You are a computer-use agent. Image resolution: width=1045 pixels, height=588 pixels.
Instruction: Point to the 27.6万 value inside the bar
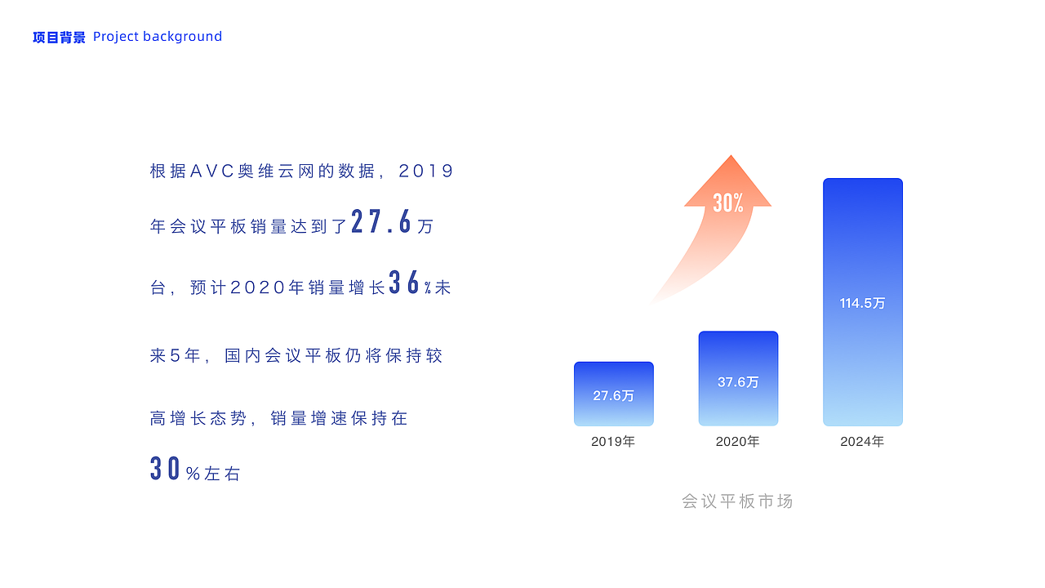coord(613,396)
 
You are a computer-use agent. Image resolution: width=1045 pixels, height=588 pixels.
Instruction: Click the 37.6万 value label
coord(738,382)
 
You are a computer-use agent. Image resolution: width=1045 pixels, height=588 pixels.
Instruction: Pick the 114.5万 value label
coord(862,303)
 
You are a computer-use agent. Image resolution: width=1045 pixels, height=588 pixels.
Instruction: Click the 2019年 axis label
coord(613,442)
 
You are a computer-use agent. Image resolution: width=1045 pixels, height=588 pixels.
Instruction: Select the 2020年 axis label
coord(738,442)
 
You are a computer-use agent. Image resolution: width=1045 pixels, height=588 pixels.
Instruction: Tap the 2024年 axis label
coord(862,442)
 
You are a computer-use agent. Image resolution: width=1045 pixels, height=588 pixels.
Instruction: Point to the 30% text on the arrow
coord(727,203)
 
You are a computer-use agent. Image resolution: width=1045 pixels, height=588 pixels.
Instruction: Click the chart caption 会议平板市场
coord(737,501)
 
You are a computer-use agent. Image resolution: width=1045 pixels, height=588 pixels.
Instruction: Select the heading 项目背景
coord(59,37)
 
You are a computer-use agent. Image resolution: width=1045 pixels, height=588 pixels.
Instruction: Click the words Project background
coord(158,37)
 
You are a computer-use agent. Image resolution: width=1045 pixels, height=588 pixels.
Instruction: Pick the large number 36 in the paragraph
coord(404,283)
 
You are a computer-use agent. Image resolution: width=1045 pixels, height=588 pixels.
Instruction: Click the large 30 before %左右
coord(165,469)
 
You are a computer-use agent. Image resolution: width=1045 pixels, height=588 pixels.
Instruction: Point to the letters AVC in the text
coord(211,171)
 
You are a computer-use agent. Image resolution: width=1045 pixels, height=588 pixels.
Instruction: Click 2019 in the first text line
coord(425,171)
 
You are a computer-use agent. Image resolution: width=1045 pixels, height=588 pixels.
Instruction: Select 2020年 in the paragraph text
coord(268,287)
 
